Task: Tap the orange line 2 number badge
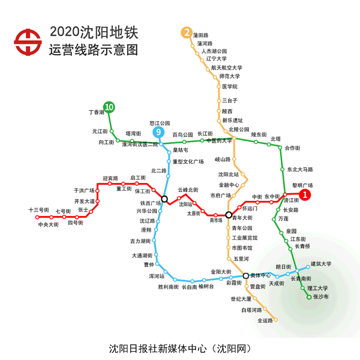188,32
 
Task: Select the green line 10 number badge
109,107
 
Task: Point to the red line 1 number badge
305,194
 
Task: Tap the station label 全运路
265,320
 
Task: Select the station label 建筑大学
321,263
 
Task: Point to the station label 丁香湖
96,112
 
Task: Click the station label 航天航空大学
226,68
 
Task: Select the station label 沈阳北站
228,175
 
